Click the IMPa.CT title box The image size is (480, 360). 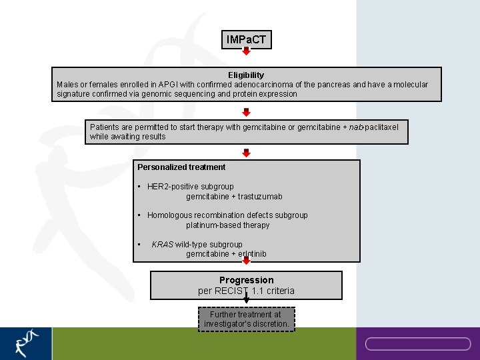point(246,40)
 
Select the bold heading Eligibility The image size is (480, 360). point(246,75)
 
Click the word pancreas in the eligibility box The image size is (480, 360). point(334,85)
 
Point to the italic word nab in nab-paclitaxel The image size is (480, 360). point(357,127)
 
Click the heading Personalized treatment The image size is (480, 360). point(181,167)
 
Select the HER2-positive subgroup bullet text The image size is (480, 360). point(190,187)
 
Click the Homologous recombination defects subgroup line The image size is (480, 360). point(227,215)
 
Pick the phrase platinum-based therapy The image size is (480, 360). point(228,225)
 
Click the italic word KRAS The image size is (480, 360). point(162,245)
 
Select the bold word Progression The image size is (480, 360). point(246,280)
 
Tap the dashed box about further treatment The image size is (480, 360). point(246,319)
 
